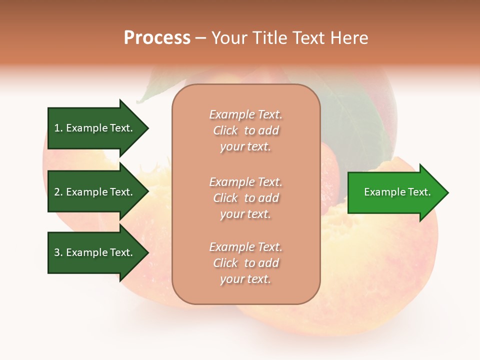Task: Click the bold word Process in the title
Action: click(157, 38)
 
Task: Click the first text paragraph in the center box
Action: click(245, 130)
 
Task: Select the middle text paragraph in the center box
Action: click(245, 198)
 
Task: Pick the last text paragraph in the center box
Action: click(245, 263)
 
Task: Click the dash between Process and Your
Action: click(200, 38)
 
